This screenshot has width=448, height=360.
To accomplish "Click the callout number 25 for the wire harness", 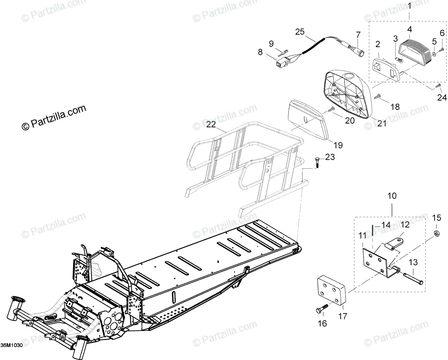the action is coord(300,32).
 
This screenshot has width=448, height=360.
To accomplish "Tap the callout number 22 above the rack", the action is coord(211,125).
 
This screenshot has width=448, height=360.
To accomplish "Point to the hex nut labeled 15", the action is coord(436,234).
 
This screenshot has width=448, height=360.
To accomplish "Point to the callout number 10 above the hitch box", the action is coord(392,195).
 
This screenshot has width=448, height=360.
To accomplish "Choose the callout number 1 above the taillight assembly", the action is coord(409,6).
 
